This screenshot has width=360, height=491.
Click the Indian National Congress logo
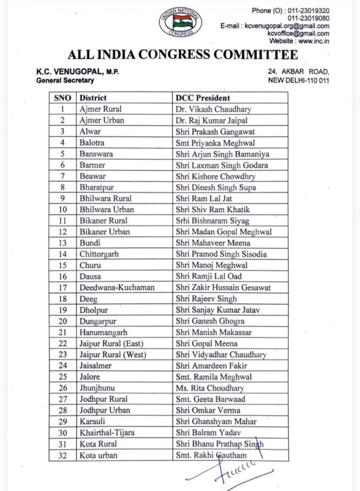[180, 22]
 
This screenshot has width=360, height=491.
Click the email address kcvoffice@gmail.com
[306, 33]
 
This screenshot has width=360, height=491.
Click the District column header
[93, 98]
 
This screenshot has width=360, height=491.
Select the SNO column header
[62, 98]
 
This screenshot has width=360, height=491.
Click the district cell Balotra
[92, 142]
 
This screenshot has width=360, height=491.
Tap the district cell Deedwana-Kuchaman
[112, 287]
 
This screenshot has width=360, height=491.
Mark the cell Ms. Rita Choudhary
[209, 388]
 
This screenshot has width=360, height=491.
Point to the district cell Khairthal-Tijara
[106, 433]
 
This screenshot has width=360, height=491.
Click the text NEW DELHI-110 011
[299, 80]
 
